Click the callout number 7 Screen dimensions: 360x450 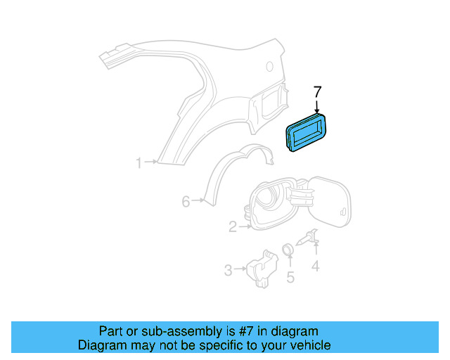tap(317, 91)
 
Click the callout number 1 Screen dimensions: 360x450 tap(139, 163)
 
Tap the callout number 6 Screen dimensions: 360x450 tap(186, 202)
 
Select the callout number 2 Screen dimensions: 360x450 tap(232, 226)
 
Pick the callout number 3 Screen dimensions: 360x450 tap(228, 269)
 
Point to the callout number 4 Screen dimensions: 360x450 tap(316, 266)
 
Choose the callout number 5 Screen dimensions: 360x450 tap(289, 276)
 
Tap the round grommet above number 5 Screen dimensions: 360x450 tap(288, 249)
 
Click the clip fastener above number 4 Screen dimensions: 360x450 tap(310, 239)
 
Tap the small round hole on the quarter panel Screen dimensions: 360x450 tap(269, 66)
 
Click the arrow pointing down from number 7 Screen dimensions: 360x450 tap(317, 106)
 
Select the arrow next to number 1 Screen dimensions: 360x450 tap(151, 163)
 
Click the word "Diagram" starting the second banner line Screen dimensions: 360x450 tap(101, 345)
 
